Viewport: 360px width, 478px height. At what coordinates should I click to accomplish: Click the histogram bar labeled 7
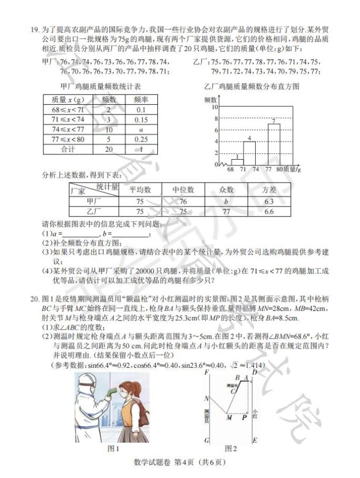274,144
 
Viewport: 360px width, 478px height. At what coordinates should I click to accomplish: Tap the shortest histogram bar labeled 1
237,161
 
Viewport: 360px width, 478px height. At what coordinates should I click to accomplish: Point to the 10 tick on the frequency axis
215,106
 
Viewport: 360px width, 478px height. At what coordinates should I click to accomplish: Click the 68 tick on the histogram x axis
231,169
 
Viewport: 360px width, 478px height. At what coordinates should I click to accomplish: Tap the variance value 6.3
268,201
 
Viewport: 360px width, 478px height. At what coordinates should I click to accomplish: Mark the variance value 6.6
268,212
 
